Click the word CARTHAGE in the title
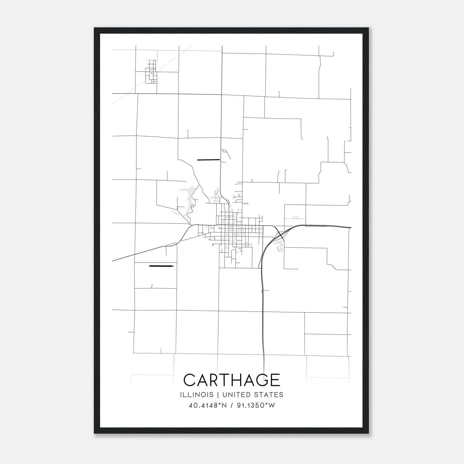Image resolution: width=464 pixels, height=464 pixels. pos(232,380)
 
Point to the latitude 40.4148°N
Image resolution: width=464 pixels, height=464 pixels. pos(208,405)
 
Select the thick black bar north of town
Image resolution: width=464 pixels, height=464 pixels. pos(208,159)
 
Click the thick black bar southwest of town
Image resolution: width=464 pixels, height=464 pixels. pos(161,266)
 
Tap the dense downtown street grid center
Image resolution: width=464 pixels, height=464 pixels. pos(232,229)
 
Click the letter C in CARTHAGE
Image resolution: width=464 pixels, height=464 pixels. pos(190,380)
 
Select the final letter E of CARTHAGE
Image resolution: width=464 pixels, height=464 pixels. pos(275,380)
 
